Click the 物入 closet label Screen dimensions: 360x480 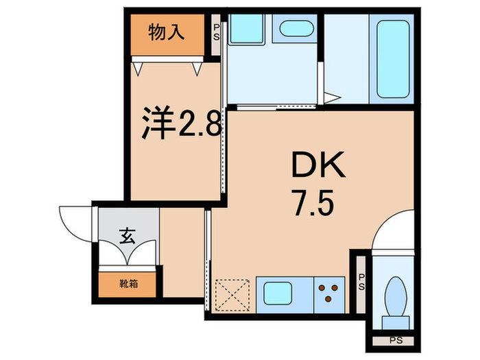(x=167, y=32)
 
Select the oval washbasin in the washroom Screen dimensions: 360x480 (x=296, y=29)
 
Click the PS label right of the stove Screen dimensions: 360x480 (x=361, y=282)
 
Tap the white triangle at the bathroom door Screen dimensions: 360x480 (x=331, y=98)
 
